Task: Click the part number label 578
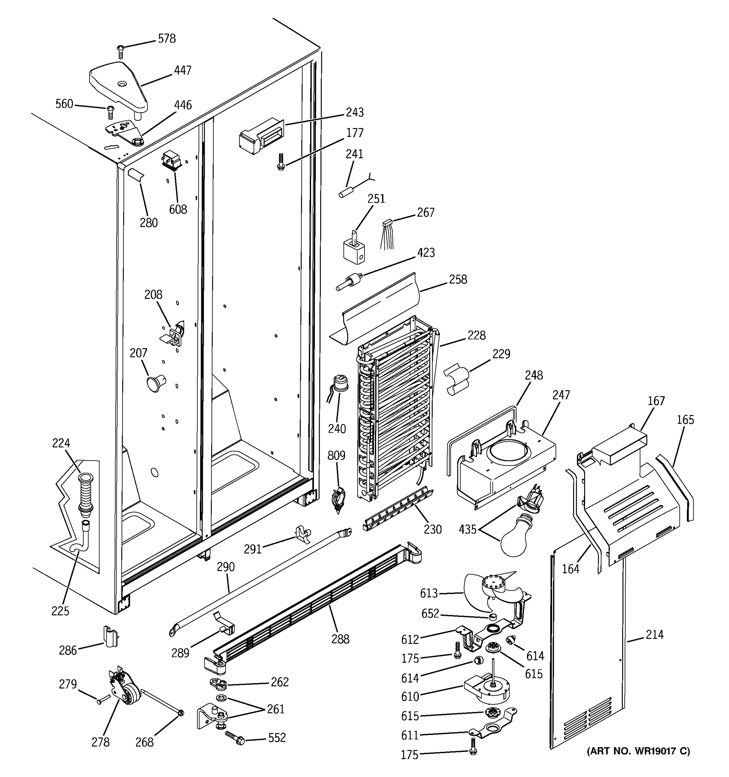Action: tap(167, 39)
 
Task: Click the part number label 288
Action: tap(340, 639)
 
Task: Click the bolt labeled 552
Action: tap(235, 738)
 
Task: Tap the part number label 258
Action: tap(458, 279)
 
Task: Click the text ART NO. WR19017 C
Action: tap(638, 751)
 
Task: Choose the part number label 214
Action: tap(654, 634)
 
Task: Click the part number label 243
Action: tap(354, 113)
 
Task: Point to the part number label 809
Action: tap(336, 455)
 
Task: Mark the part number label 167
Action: tap(656, 401)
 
